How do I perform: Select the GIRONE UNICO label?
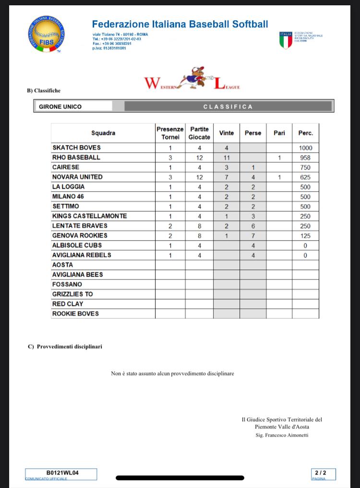pyautogui.click(x=60, y=107)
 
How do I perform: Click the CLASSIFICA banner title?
pyautogui.click(x=228, y=107)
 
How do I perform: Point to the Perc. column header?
pyautogui.click(x=305, y=133)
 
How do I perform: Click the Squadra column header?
pyautogui.click(x=103, y=133)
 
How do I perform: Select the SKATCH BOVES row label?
pyautogui.click(x=76, y=148)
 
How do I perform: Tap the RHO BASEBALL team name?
pyautogui.click(x=76, y=158)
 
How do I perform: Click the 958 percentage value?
pyautogui.click(x=305, y=158)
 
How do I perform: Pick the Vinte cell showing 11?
pyautogui.click(x=227, y=158)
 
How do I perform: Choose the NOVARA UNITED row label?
pyautogui.click(x=77, y=177)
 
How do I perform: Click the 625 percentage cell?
pyautogui.click(x=305, y=177)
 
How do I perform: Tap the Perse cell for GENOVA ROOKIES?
pyautogui.click(x=252, y=236)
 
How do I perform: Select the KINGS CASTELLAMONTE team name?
pyautogui.click(x=89, y=216)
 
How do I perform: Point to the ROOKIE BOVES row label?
pyautogui.click(x=75, y=314)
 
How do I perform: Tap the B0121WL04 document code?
pyautogui.click(x=62, y=473)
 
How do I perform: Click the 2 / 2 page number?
pyautogui.click(x=323, y=473)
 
